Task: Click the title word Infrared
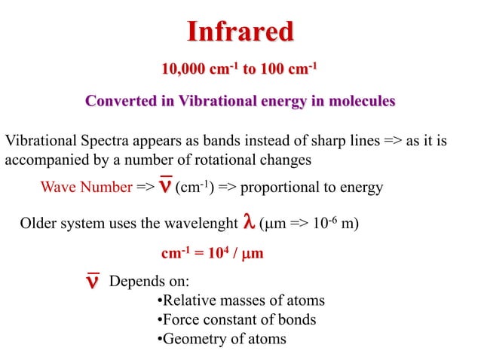(240, 32)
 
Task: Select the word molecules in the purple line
(355, 102)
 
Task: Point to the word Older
(38, 224)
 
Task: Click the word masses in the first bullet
(237, 301)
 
